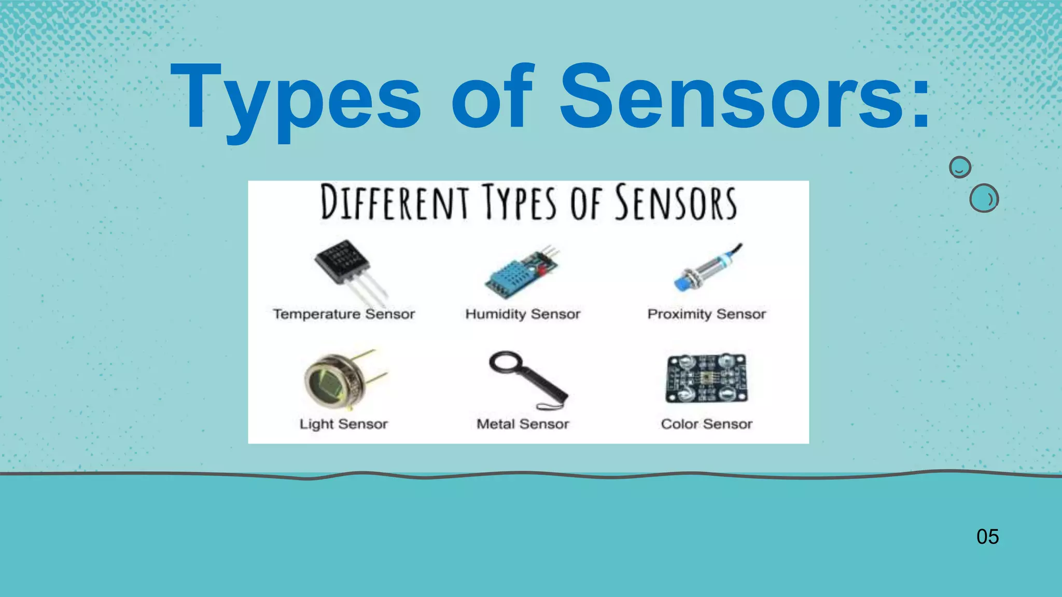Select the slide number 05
(x=987, y=537)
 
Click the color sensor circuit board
(x=706, y=378)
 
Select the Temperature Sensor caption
(x=344, y=314)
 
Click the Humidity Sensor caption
(x=523, y=314)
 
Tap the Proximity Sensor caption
(x=706, y=314)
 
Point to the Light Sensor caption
(x=343, y=424)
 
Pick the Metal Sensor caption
(x=523, y=424)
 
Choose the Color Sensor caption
(x=706, y=424)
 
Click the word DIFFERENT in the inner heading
(x=395, y=203)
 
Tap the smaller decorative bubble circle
(x=960, y=167)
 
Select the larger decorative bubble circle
(x=984, y=198)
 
